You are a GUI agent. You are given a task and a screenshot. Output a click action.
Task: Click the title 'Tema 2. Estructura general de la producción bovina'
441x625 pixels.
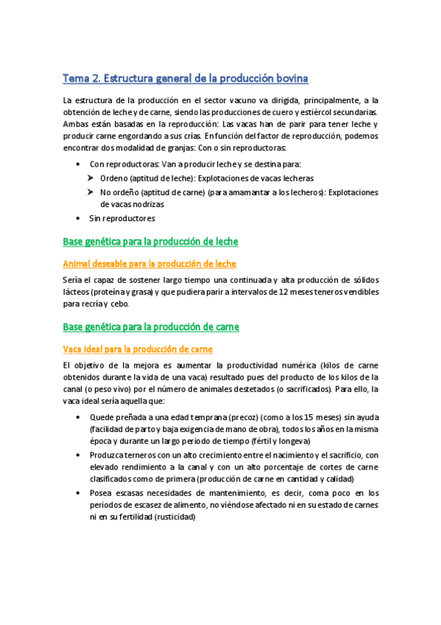186,77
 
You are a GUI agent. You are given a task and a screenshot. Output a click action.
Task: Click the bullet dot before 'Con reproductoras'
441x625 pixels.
80,164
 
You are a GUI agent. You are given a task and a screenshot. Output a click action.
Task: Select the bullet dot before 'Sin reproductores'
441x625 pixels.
80,218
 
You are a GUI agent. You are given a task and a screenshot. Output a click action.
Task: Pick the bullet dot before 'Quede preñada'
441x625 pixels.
80,417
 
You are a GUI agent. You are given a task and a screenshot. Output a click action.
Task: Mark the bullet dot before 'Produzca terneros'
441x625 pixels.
80,455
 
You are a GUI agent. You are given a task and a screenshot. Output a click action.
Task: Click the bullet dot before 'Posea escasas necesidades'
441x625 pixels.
80,492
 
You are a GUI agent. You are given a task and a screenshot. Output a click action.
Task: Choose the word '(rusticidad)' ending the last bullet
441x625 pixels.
171,517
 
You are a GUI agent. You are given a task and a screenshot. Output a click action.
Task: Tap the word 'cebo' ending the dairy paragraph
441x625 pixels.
118,304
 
